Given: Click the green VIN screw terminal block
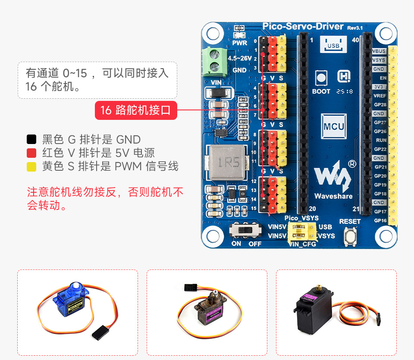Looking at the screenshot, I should [213, 60].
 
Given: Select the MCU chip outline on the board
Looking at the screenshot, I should [334, 126].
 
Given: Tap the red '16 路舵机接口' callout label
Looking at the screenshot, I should [136, 111].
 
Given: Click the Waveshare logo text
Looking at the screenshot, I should [333, 196].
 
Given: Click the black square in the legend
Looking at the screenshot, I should [31, 140].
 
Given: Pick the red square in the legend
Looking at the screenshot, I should [31, 153].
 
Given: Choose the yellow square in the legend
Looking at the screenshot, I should [31, 166].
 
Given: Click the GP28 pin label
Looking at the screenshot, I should [380, 105].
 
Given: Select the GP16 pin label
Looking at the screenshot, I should [380, 220].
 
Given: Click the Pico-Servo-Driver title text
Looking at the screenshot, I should [303, 27].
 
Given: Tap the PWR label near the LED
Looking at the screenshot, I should [239, 43].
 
